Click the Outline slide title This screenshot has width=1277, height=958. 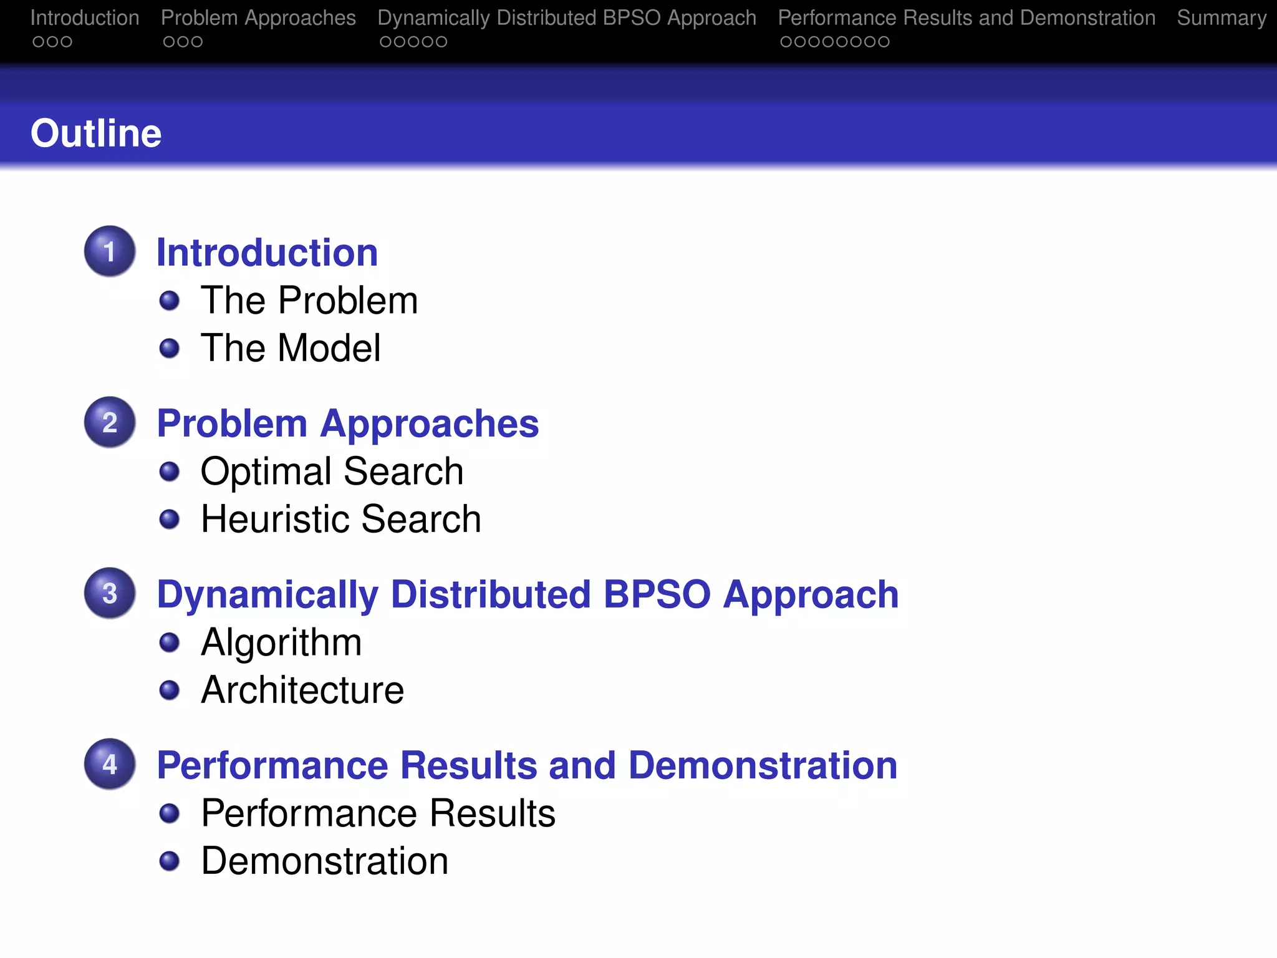point(96,133)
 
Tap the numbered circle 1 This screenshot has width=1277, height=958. point(110,251)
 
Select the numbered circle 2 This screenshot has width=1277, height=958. point(110,422)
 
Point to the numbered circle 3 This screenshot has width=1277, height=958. point(110,593)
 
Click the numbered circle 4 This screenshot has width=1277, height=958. point(110,764)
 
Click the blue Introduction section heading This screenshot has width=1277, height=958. point(267,253)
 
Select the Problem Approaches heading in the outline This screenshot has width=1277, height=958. point(347,423)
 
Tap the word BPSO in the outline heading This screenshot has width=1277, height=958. point(657,594)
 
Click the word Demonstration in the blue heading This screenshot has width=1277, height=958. point(763,765)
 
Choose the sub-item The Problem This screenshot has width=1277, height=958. point(309,301)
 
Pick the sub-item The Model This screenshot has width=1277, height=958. point(291,348)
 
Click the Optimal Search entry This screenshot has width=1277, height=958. point(332,472)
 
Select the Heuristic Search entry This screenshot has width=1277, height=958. point(340,519)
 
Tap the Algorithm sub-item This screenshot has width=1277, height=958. point(281,642)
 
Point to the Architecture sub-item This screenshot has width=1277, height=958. point(302,690)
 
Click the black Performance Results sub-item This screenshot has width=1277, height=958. point(378,813)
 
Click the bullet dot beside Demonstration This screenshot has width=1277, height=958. point(170,861)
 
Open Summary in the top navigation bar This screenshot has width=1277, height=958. point(1222,18)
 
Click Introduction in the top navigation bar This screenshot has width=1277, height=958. point(85,18)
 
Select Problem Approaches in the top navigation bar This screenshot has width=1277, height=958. point(258,18)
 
